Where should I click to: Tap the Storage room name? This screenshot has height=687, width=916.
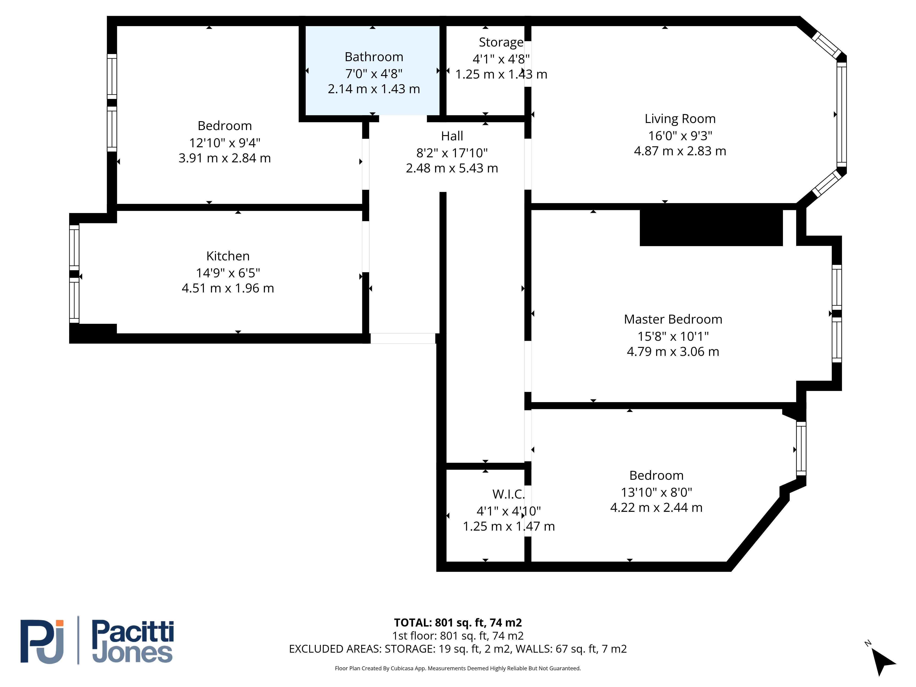pyautogui.click(x=501, y=42)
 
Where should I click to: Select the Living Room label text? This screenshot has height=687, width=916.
pyautogui.click(x=680, y=119)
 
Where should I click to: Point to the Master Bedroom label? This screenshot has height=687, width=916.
pyautogui.click(x=673, y=319)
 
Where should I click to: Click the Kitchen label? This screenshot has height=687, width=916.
pyautogui.click(x=228, y=256)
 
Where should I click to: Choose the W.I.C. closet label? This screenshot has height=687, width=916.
pyautogui.click(x=509, y=494)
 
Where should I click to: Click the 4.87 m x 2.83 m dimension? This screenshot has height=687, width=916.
pyautogui.click(x=680, y=151)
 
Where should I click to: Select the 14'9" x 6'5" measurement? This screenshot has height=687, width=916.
pyautogui.click(x=228, y=273)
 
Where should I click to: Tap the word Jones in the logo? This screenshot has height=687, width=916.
pyautogui.click(x=133, y=653)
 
